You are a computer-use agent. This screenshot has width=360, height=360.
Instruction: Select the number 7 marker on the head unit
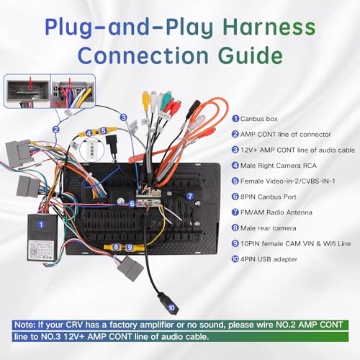click(x=190, y=196)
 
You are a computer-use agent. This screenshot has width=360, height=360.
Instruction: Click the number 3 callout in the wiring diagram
click(x=123, y=117)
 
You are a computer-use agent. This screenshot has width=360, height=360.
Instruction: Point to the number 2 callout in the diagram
click(x=55, y=130)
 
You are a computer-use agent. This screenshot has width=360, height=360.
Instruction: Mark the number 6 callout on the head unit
click(x=132, y=204)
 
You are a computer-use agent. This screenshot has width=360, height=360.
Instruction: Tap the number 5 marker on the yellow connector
click(x=104, y=131)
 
